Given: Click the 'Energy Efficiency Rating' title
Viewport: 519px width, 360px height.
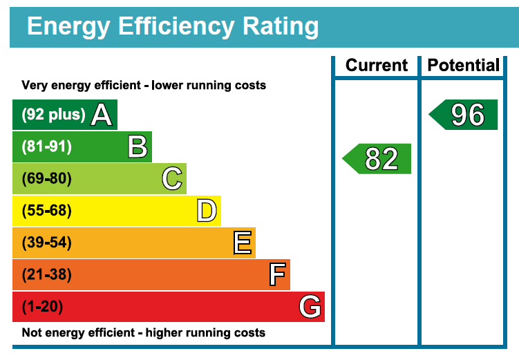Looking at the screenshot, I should pyautogui.click(x=173, y=26).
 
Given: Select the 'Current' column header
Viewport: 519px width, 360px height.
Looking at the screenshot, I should pyautogui.click(x=377, y=66).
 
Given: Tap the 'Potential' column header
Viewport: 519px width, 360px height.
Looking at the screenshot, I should pyautogui.click(x=463, y=66).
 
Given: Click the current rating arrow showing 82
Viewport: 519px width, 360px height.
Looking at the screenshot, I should pyautogui.click(x=377, y=159).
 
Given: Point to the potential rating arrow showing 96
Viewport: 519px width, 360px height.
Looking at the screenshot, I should pyautogui.click(x=464, y=115).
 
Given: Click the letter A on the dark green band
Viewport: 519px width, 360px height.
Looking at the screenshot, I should pyautogui.click(x=102, y=115).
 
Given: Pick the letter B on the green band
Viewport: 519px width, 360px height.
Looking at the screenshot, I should pyautogui.click(x=138, y=146).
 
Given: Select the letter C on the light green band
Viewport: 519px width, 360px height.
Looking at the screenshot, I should pyautogui.click(x=172, y=179).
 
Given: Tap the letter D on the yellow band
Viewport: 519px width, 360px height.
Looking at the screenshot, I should pyautogui.click(x=206, y=211).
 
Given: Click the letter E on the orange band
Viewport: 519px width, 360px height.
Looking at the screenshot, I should pyautogui.click(x=242, y=243).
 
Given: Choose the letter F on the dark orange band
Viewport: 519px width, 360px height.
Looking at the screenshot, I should pyautogui.click(x=277, y=275).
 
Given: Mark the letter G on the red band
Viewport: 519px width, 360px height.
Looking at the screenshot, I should pyautogui.click(x=310, y=307).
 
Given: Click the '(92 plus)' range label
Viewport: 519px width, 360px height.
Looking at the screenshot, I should pyautogui.click(x=54, y=115).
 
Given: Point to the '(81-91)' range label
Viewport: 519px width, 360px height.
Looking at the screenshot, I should pyautogui.click(x=46, y=146).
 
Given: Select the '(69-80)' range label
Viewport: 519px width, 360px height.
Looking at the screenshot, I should pyautogui.click(x=46, y=179).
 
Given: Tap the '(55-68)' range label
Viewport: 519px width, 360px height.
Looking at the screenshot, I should pyautogui.click(x=46, y=211).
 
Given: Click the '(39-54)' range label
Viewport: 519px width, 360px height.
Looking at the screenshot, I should pyautogui.click(x=46, y=243).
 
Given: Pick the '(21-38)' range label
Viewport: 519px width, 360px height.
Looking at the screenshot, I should pyautogui.click(x=46, y=275).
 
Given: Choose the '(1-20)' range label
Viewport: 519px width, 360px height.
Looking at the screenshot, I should pyautogui.click(x=43, y=307).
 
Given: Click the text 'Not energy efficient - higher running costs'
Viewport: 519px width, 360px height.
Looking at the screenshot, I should pyautogui.click(x=143, y=333).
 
